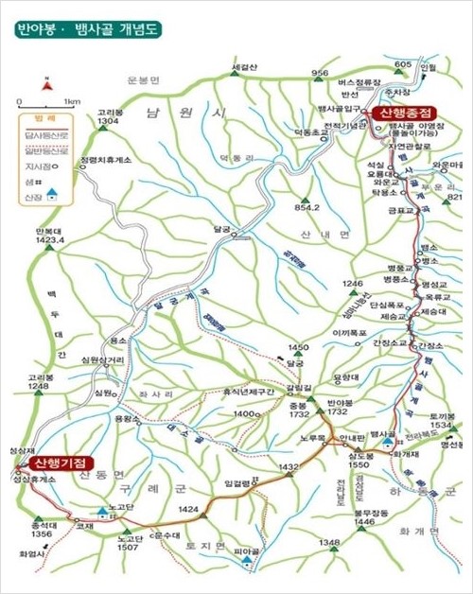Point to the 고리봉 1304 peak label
pos(108,117)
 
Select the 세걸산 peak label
pos(244,67)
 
